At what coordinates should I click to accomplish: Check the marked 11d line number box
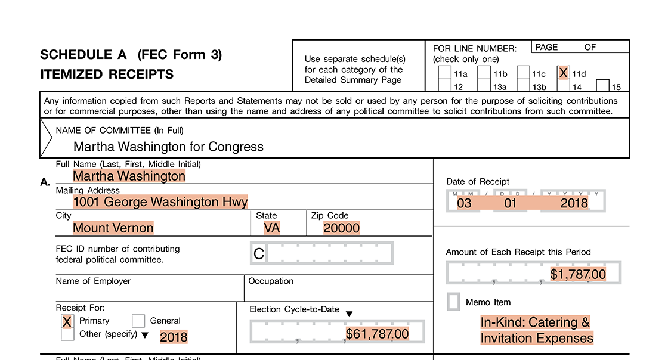563,73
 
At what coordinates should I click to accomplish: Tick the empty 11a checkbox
444,73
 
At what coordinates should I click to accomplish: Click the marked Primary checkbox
67,321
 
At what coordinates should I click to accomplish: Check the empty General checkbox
138,321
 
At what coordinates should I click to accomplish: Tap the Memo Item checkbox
454,302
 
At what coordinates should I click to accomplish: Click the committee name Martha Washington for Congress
168,147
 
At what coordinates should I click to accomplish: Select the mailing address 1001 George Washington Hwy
160,202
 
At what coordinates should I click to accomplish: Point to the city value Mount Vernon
113,228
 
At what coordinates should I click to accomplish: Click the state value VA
271,228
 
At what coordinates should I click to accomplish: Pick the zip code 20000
342,228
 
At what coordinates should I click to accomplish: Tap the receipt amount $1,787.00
578,275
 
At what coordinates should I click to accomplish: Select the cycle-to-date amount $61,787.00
378,334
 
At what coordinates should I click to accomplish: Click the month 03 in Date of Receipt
464,203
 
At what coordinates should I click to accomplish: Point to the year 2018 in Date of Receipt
574,203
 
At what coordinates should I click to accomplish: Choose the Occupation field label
271,281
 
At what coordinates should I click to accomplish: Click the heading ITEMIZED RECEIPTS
107,75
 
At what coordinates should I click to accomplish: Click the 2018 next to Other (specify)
174,337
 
